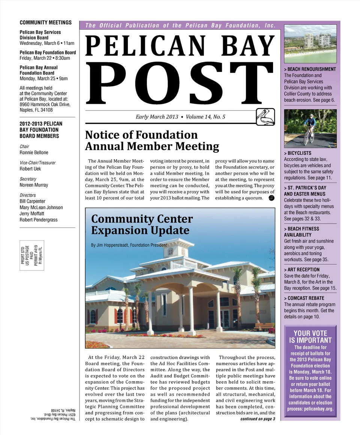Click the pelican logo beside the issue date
pyautogui.click(x=265, y=117)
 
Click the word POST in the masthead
pyautogui.click(x=180, y=83)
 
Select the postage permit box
pyautogui.click(x=32, y=255)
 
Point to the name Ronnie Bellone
pyautogui.click(x=34, y=152)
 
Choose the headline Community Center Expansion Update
pyautogui.click(x=142, y=224)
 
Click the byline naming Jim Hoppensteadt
pyautogui.click(x=129, y=245)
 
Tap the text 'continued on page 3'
pyautogui.click(x=258, y=419)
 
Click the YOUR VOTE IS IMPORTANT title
pyautogui.click(x=310, y=336)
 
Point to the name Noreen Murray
pyautogui.click(x=34, y=185)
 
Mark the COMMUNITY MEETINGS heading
pyautogui.click(x=45, y=23)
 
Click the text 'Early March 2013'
pyautogui.click(x=157, y=117)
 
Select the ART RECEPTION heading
pyautogui.click(x=303, y=269)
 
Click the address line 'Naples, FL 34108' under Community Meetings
pyautogui.click(x=36, y=110)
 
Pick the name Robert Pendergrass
pyautogui.click(x=39, y=220)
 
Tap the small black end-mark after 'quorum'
pyautogui.click(x=272, y=198)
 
